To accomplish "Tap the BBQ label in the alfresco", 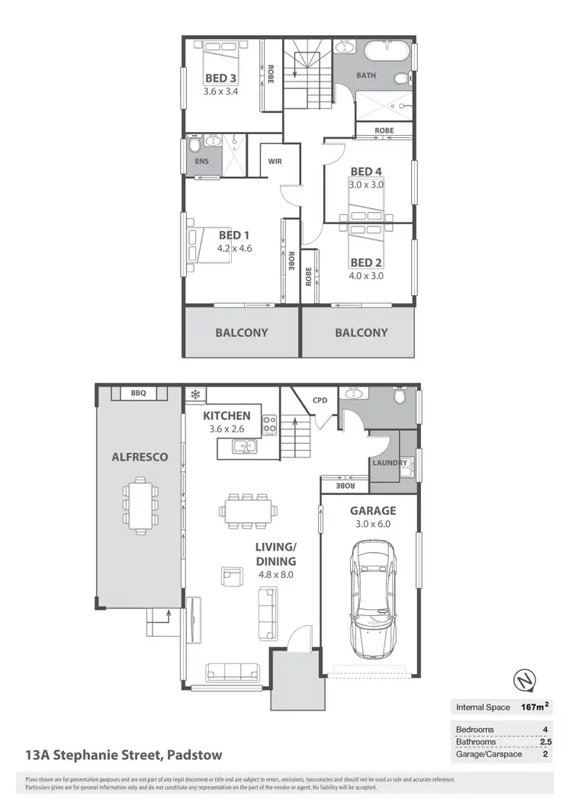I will [x=138, y=393].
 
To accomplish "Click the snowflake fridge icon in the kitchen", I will [x=194, y=394].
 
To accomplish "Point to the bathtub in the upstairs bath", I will [x=386, y=53].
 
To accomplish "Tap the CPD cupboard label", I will [x=320, y=400].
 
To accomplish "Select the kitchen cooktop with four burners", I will [x=269, y=424].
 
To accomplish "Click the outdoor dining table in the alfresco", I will [x=139, y=504].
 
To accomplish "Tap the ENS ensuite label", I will [x=202, y=162].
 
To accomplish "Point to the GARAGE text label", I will [x=373, y=511].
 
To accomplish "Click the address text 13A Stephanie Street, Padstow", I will [x=124, y=756].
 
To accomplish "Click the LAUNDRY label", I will [x=389, y=463].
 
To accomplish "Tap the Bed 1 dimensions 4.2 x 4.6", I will [x=235, y=248].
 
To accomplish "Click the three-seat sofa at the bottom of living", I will [x=233, y=671].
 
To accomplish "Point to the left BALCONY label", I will [x=241, y=332].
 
